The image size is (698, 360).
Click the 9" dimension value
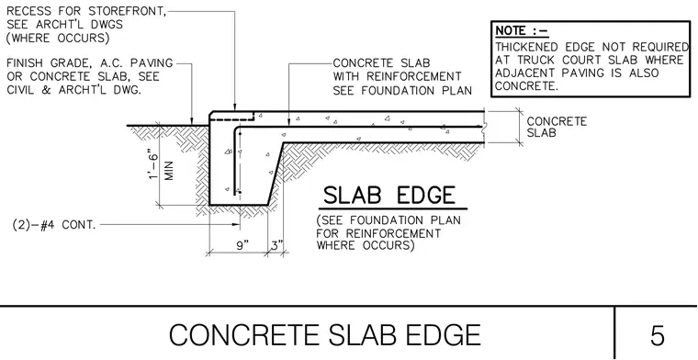(x=242, y=245)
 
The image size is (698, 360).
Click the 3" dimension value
(x=276, y=245)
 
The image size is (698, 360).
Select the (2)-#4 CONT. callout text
(x=54, y=225)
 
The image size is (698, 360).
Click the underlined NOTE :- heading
(x=522, y=31)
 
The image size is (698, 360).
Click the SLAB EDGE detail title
(x=389, y=196)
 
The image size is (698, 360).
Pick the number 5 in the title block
(x=658, y=335)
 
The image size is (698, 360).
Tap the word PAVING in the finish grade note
(x=151, y=63)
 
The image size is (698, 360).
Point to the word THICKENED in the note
(x=526, y=47)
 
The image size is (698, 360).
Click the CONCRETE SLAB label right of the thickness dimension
(x=557, y=127)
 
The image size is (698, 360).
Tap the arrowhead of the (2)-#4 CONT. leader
(x=237, y=225)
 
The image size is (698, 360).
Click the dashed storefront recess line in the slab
(x=233, y=119)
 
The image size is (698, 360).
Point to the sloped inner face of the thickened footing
(x=276, y=174)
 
